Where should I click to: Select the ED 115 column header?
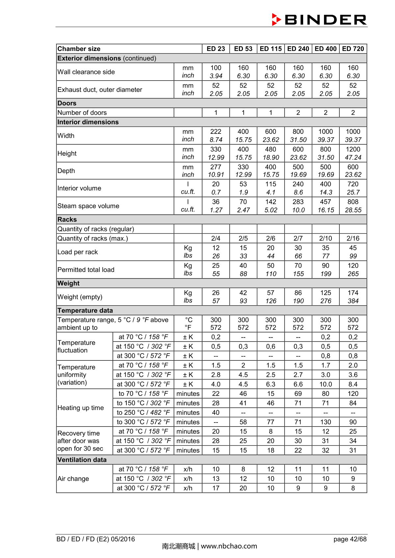pyautogui.click(x=271, y=49)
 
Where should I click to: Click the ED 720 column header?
pyautogui.click(x=353, y=49)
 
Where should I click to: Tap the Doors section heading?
pyautogui.click(x=67, y=103)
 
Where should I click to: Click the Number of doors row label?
pyautogui.click(x=82, y=113)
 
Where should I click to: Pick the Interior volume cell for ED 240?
pyautogui.click(x=298, y=188)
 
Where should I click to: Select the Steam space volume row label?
pyautogui.click(x=88, y=206)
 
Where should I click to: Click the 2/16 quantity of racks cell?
pyautogui.click(x=353, y=238)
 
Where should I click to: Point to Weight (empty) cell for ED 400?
pyautogui.click(x=325, y=297)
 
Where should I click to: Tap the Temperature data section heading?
pyautogui.click(x=85, y=310)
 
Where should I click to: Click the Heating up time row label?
pyautogui.click(x=81, y=408)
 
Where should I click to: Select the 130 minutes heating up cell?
pyautogui.click(x=325, y=422)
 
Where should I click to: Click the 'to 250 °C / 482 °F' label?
pyautogui.click(x=143, y=412)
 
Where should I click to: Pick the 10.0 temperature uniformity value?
pyautogui.click(x=325, y=384)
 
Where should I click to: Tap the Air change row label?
pyautogui.click(x=73, y=479)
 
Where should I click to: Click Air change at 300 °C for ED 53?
pyautogui.click(x=243, y=488)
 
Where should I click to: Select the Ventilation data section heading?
pyautogui.click(x=82, y=460)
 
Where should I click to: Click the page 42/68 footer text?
pyautogui.click(x=350, y=539)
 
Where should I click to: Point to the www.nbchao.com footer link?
pyautogui.click(x=229, y=546)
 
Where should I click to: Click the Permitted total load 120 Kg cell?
pyautogui.click(x=353, y=266)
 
